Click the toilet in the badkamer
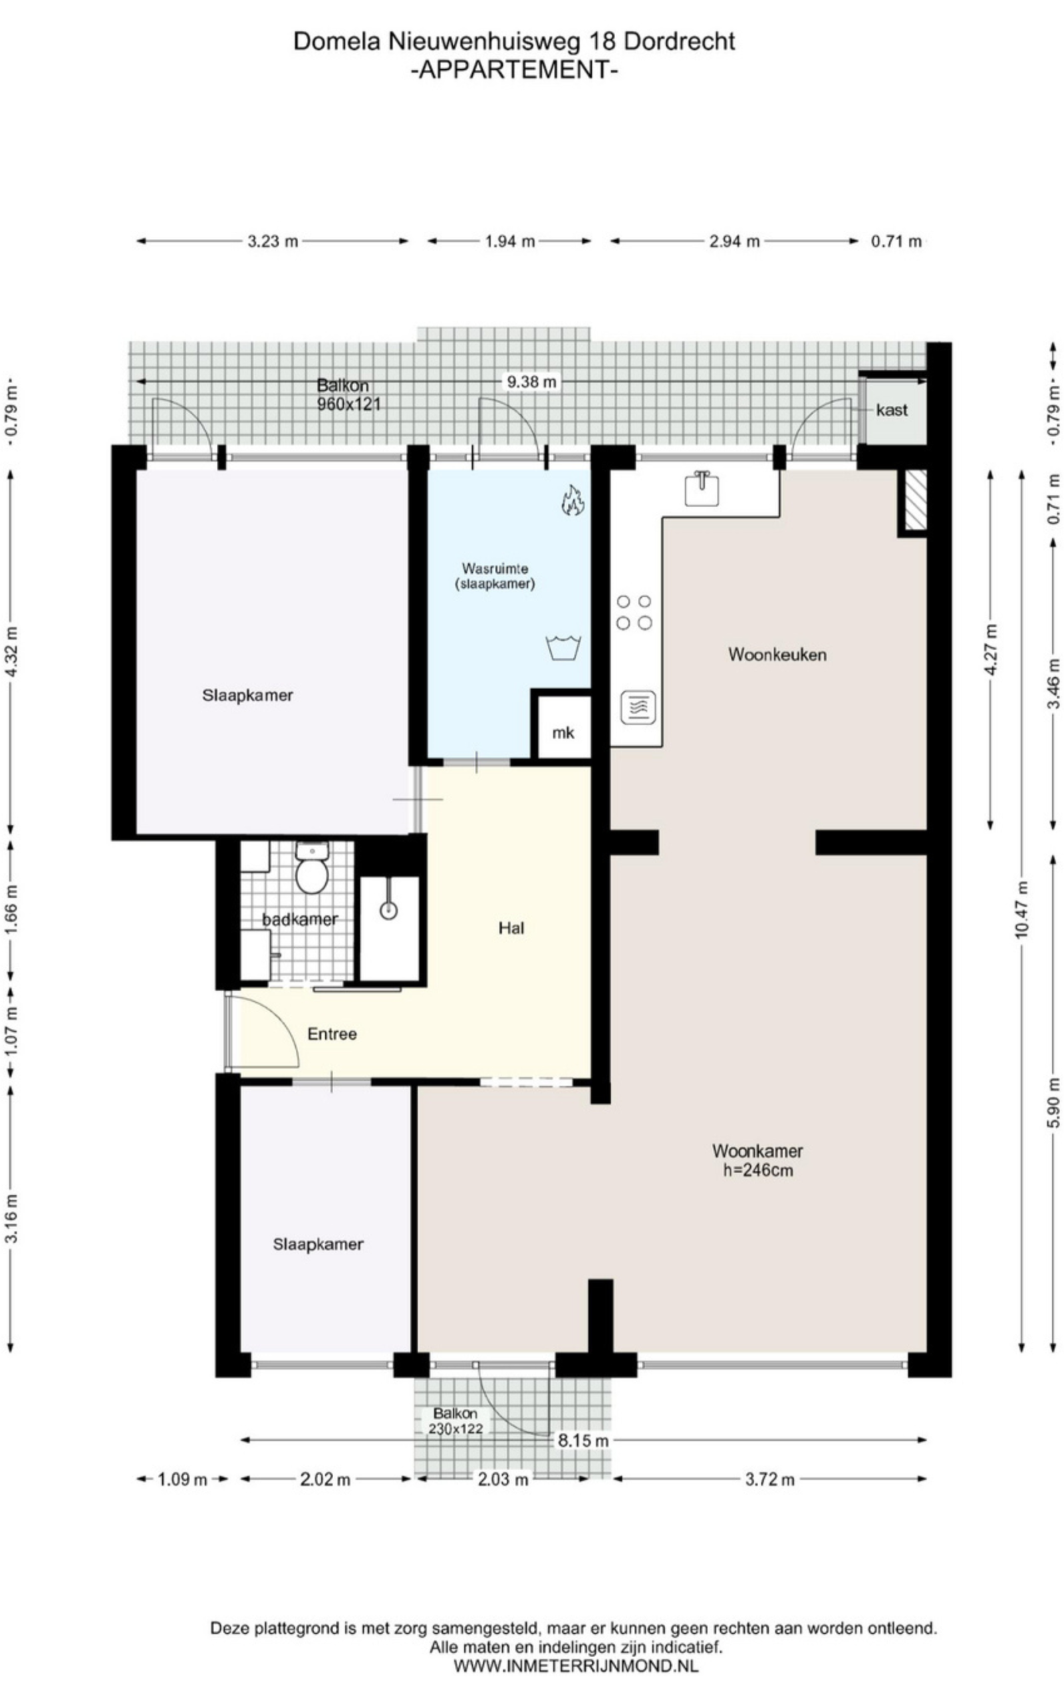tap(312, 867)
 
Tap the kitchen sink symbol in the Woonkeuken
tap(702, 489)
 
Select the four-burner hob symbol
tap(634, 612)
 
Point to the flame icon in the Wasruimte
tap(573, 500)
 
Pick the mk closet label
tap(563, 732)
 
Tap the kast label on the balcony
tap(892, 410)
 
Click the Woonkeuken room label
tap(777, 655)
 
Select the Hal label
tap(511, 928)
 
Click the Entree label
tap(332, 1034)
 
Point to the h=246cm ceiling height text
tap(758, 1170)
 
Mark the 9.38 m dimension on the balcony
tap(531, 382)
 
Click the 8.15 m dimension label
tap(583, 1440)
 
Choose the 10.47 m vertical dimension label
tap(1022, 909)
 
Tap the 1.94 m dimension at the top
tap(510, 241)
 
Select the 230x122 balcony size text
tap(456, 1428)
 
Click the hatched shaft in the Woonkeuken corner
tap(915, 500)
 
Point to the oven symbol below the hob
tap(638, 707)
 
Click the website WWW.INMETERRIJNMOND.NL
tap(576, 1666)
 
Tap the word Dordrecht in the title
tap(679, 41)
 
